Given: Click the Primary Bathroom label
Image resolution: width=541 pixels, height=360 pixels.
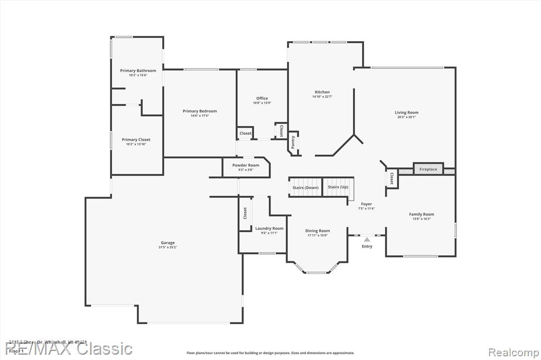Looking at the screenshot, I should point(138,71).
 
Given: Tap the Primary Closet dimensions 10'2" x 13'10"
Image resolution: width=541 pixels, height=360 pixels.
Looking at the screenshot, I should point(136,144).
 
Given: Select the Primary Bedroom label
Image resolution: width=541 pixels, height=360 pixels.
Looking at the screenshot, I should point(200,111).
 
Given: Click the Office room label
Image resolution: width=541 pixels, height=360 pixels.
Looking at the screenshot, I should point(262,98).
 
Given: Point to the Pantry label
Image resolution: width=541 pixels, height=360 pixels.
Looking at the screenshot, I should point(293,141).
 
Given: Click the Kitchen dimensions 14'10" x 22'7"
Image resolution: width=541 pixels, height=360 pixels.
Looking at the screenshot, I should point(322,97).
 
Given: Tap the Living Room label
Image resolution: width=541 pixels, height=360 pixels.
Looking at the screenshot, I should point(406,112).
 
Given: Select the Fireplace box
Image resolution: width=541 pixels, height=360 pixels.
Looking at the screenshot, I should point(428,169).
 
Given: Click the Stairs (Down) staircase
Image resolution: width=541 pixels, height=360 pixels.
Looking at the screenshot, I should point(305,187).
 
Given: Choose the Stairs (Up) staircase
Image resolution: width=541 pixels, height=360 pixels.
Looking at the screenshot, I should point(338,187).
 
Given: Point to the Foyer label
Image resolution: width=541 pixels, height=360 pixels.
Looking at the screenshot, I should point(366,204).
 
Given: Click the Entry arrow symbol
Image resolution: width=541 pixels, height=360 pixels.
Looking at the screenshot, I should point(367,240).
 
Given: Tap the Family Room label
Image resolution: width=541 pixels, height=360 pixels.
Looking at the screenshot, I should point(421,214).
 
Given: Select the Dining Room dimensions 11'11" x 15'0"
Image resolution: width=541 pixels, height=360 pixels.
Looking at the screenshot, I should point(317,235).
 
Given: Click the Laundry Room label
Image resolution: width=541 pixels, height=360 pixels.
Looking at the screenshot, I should point(269,229).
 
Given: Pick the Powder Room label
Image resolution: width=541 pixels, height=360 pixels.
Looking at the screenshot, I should point(246,165).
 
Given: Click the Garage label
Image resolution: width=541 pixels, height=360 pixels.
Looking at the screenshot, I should point(168,243).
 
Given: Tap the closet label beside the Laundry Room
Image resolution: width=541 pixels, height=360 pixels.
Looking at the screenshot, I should point(245,213).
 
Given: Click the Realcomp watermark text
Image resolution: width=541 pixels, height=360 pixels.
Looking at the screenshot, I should point(513,352).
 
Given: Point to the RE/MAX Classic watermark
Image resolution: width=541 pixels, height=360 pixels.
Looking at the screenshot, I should point(69,349).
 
